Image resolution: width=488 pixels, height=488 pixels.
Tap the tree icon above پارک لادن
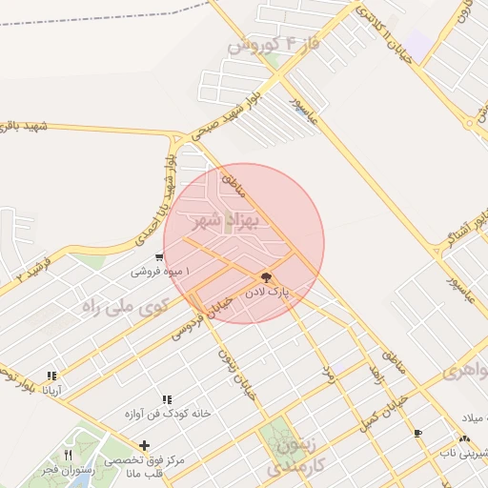click(265, 277)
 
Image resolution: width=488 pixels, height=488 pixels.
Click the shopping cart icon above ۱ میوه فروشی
click(160, 256)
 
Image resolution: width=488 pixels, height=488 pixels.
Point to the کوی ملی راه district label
click(125, 307)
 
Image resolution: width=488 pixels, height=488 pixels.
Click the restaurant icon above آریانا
click(51, 376)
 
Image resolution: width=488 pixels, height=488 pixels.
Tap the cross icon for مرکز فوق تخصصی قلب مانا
click(144, 445)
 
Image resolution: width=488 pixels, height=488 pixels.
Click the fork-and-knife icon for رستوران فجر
click(68, 454)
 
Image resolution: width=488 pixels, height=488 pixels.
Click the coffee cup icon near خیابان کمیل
click(418, 434)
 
